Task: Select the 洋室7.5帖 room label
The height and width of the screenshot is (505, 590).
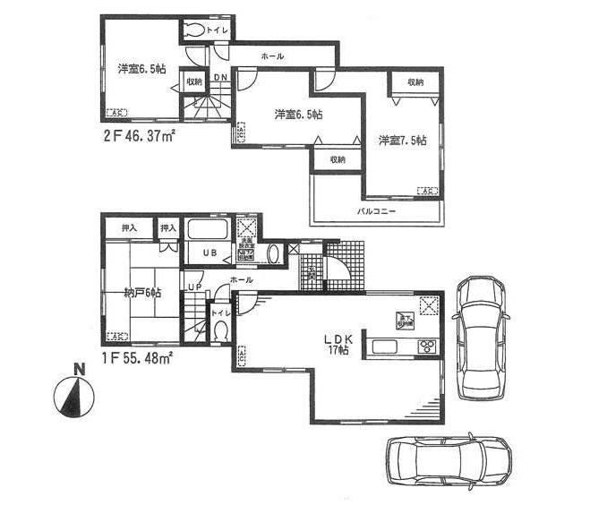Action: [401, 141]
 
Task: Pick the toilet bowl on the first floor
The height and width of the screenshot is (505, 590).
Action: [220, 330]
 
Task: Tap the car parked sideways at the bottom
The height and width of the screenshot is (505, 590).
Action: [449, 459]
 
